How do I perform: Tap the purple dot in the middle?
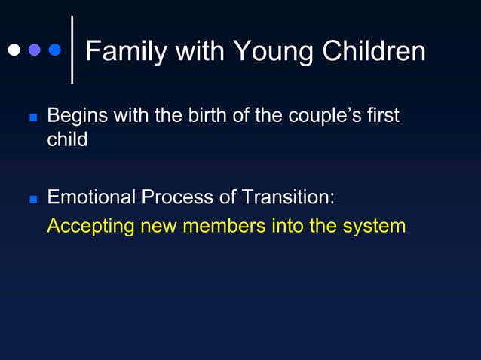point(35,50)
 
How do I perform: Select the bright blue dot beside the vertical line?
point(55,50)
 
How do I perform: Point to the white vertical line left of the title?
point(72,49)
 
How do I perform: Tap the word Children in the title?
point(374,51)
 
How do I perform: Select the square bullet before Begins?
point(32,119)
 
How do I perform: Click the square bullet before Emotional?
point(32,200)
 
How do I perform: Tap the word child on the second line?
point(67,139)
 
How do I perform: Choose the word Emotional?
point(92,197)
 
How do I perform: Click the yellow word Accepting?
point(89,226)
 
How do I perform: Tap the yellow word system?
point(374,226)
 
